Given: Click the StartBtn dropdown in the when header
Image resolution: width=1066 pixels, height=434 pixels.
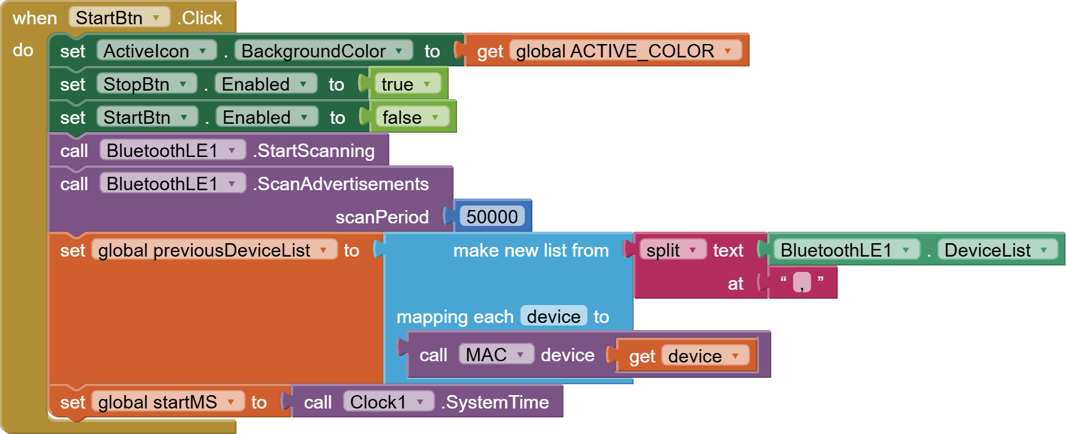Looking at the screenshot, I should click(119, 17).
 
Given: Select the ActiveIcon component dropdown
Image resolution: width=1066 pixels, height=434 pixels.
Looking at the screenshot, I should click(156, 50).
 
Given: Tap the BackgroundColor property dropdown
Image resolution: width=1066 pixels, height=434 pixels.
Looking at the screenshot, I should click(323, 50).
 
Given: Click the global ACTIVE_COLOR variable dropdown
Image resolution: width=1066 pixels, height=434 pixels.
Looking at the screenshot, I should click(626, 50).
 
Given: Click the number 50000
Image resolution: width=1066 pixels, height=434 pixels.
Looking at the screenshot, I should click(492, 216).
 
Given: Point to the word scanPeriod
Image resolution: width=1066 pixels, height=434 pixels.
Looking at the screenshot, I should click(382, 217).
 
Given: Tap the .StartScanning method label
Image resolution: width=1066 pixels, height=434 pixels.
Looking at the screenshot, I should click(315, 151).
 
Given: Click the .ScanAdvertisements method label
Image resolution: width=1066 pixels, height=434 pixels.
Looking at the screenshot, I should click(342, 184).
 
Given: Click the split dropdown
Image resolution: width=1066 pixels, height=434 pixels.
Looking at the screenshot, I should click(672, 250).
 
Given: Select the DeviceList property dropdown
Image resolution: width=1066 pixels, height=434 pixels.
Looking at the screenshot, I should click(996, 250).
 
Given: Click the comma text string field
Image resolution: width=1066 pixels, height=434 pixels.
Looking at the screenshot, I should click(802, 282).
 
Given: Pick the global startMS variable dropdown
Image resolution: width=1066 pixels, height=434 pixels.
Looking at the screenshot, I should click(167, 401).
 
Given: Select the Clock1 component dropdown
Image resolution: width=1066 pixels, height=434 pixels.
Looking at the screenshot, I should click(388, 401).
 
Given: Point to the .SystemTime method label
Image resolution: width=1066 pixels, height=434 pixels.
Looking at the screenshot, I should click(496, 401).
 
